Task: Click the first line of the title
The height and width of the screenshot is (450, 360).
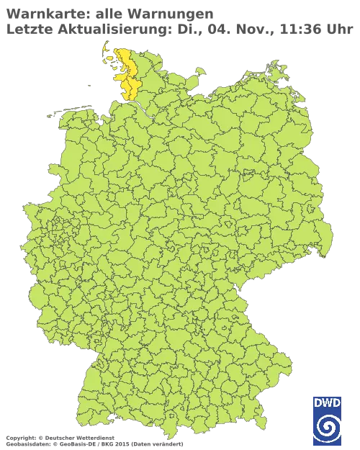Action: pyautogui.click(x=108, y=12)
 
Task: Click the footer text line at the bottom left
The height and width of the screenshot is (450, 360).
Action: pyautogui.click(x=94, y=436)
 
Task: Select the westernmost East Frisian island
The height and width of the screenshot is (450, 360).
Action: pyautogui.click(x=50, y=113)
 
